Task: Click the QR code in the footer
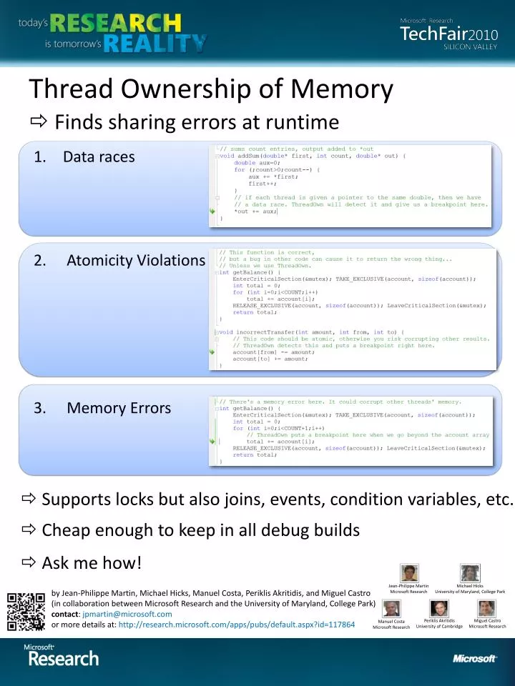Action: tap(26, 612)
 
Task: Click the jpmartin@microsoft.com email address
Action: tap(127, 614)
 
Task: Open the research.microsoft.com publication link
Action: tap(236, 624)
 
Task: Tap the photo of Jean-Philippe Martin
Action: tap(409, 573)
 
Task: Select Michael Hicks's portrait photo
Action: tap(469, 573)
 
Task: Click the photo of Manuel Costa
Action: tap(391, 608)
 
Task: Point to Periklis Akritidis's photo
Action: tap(438, 608)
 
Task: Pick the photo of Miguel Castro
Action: tap(486, 608)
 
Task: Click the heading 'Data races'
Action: tap(98, 157)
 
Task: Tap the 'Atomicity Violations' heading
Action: tap(135, 260)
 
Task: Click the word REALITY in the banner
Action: tap(154, 43)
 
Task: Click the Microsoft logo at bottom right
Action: tap(474, 659)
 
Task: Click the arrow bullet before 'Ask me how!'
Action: tap(30, 563)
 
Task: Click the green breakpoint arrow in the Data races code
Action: tap(212, 212)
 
